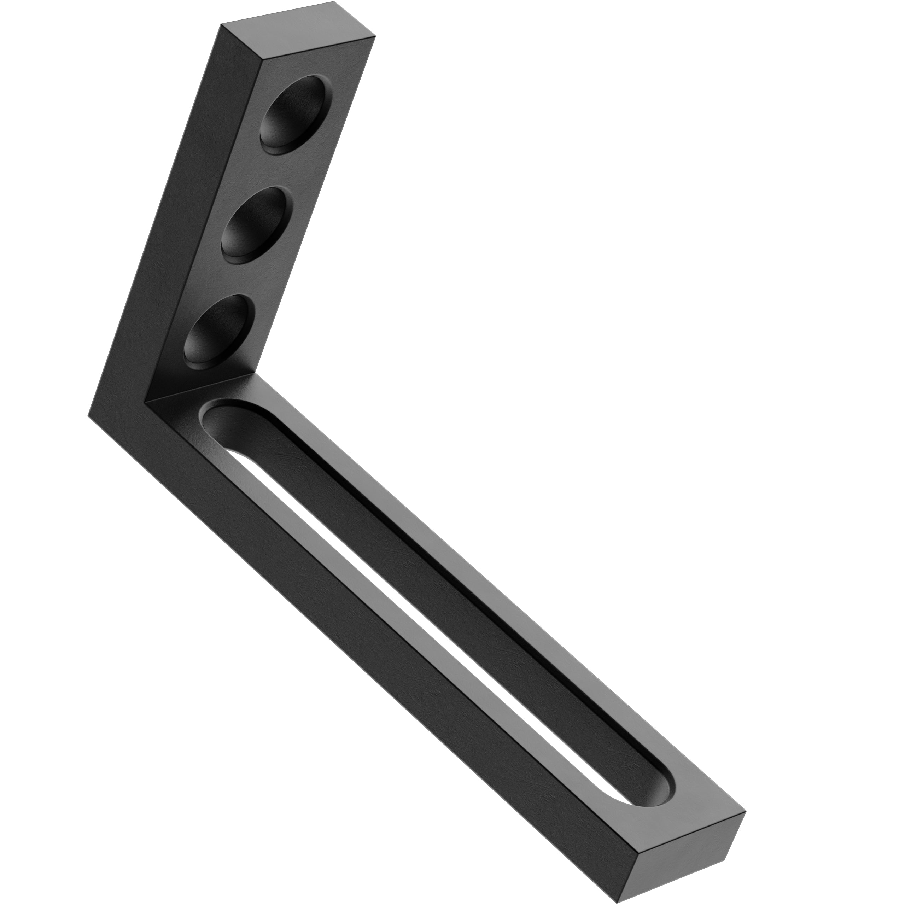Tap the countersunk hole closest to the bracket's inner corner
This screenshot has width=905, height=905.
[216, 331]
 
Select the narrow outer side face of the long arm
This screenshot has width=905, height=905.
[375, 651]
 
